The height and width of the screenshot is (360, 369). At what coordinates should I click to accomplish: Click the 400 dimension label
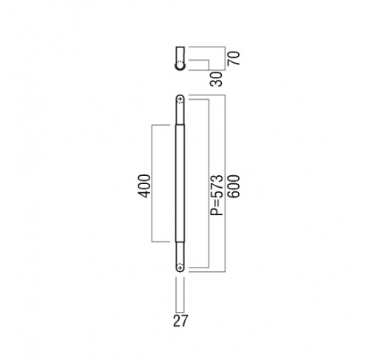pos(144,186)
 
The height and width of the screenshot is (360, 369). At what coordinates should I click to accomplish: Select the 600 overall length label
pos(234,186)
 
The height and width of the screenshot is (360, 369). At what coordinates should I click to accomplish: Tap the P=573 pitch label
pos(217,195)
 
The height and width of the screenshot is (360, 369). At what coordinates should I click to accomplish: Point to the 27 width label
pos(180,321)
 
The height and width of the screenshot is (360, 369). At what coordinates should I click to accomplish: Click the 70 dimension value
pos(234,58)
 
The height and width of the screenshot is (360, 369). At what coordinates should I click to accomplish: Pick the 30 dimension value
pos(216,79)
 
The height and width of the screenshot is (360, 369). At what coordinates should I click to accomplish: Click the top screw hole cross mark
pos(180,99)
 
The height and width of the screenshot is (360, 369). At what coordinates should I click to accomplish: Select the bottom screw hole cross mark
pos(180,268)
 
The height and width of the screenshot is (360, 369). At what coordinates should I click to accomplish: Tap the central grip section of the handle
pos(180,183)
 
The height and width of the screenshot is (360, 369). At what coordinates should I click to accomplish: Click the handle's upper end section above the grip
pos(180,109)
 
